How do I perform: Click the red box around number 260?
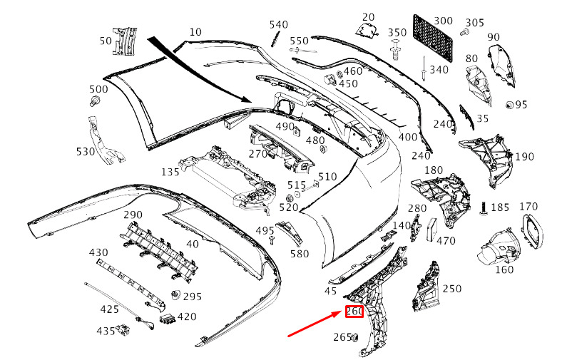coord(354,312)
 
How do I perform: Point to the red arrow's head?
coord(340,314)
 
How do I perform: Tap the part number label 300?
coord(443,21)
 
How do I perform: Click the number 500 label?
coord(98,89)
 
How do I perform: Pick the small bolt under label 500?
coord(93,101)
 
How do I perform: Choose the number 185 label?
coord(501,207)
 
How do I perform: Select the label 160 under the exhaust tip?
coord(504,270)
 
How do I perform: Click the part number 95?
coord(521,105)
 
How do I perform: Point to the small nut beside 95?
coord(509,105)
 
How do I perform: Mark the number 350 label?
coord(397,33)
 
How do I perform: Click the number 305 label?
coord(474,22)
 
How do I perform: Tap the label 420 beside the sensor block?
coord(187,317)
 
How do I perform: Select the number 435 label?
coord(106,331)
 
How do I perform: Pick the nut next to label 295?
coord(175,295)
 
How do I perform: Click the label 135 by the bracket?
coord(170,172)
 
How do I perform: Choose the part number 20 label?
coord(368,16)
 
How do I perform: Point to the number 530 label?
coord(86,151)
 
